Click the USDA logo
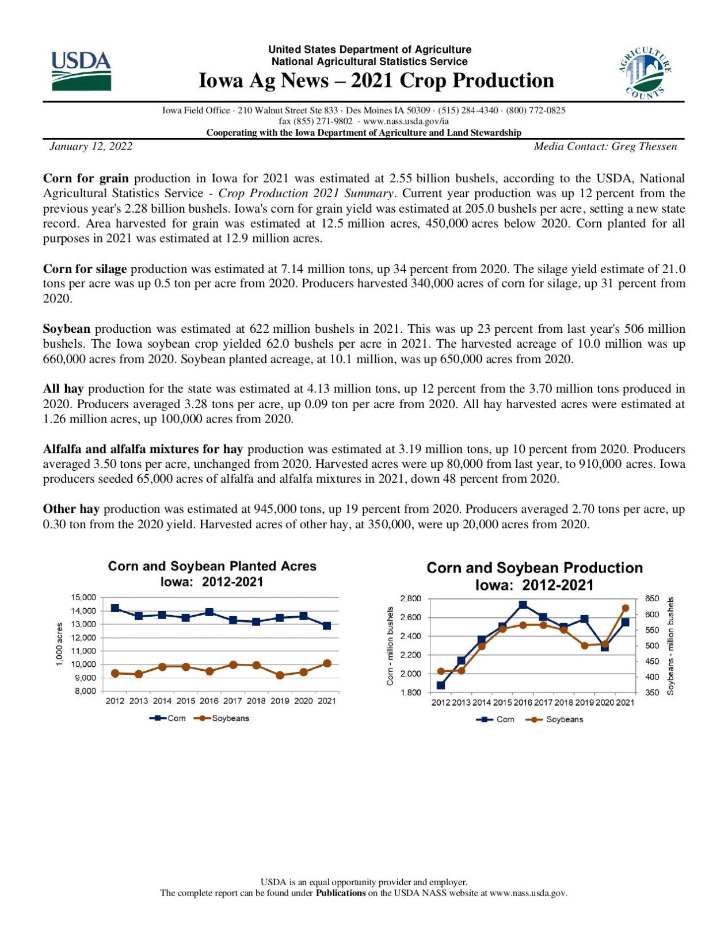81,71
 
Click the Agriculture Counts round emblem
645,72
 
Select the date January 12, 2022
91,147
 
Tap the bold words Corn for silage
85,269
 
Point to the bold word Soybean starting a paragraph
67,329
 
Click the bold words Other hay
71,509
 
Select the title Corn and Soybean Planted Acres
212,566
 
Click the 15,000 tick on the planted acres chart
84,598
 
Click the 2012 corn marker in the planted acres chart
115,608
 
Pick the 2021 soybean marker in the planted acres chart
327,663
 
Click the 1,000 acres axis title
59,644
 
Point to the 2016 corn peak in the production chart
523,605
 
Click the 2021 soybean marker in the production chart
626,608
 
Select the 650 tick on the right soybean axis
651,598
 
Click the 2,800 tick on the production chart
410,598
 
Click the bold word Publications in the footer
341,893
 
